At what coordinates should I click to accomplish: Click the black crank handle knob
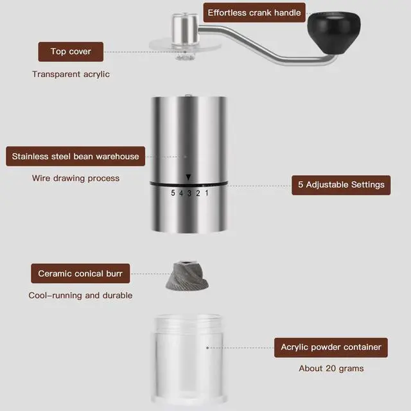pyautogui.click(x=334, y=32)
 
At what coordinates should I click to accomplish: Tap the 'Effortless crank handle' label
pyautogui.click(x=254, y=13)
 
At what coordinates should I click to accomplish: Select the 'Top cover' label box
pyautogui.click(x=71, y=51)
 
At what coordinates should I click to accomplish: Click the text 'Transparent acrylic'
pyautogui.click(x=71, y=74)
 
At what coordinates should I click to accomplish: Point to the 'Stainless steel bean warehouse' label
pyautogui.click(x=76, y=156)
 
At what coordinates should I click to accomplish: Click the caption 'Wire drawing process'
pyautogui.click(x=76, y=179)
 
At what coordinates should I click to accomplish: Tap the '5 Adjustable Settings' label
pyautogui.click(x=341, y=185)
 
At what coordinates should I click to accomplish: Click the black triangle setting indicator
pyautogui.click(x=188, y=177)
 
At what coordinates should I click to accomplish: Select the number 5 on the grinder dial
pyautogui.click(x=173, y=193)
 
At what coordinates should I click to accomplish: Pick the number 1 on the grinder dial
pyautogui.click(x=207, y=193)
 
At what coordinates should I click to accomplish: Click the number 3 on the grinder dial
pyautogui.click(x=189, y=193)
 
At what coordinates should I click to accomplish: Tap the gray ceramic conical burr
pyautogui.click(x=187, y=275)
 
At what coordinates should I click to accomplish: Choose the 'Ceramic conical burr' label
pyautogui.click(x=80, y=274)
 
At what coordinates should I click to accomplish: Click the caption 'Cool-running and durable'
pyautogui.click(x=80, y=295)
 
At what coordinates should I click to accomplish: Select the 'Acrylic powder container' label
pyautogui.click(x=331, y=347)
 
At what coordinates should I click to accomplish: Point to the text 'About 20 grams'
pyautogui.click(x=331, y=369)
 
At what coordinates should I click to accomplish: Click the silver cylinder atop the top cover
pyautogui.click(x=185, y=30)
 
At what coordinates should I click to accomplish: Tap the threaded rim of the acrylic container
pyautogui.click(x=188, y=324)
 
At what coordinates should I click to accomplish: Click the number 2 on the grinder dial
pyautogui.click(x=198, y=193)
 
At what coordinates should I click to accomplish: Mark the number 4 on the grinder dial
pyautogui.click(x=181, y=193)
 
